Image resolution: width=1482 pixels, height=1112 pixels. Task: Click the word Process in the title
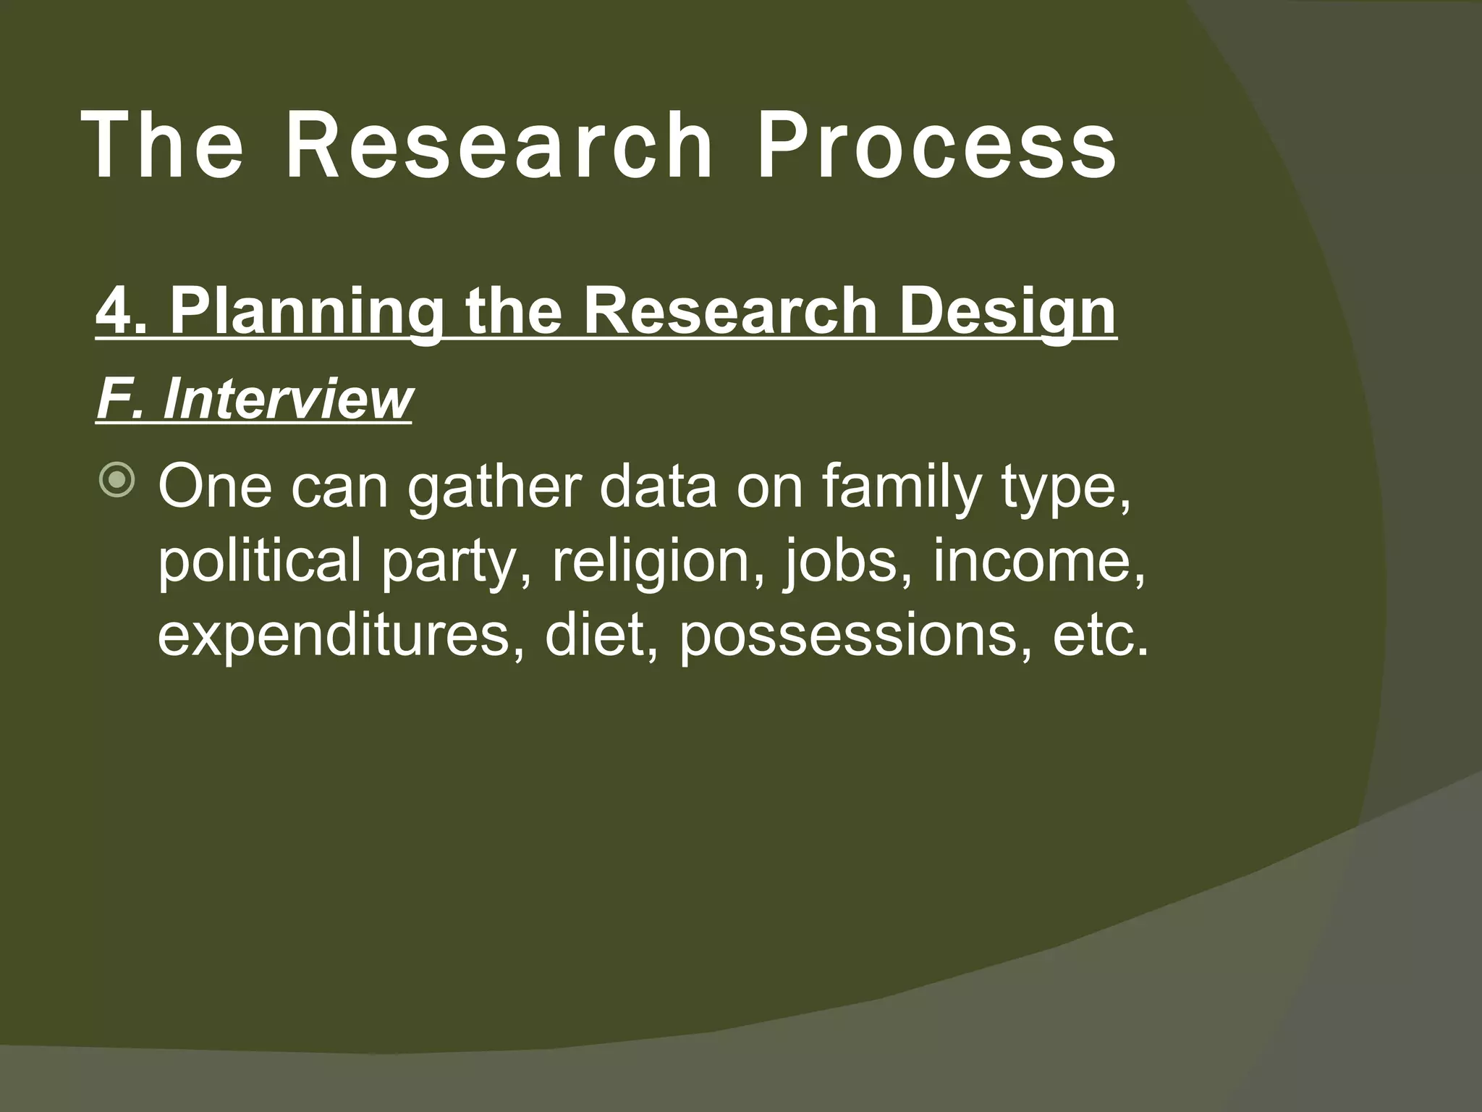click(x=936, y=145)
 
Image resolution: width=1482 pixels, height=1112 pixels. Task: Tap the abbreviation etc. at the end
click(x=1100, y=636)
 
